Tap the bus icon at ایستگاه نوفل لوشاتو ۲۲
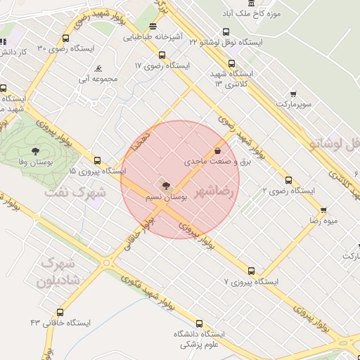pyautogui.click(x=226, y=32)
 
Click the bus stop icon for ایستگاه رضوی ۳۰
pyautogui.click(x=65, y=39)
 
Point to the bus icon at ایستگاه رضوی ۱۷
pyautogui.click(x=162, y=55)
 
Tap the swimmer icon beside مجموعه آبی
pyautogui.click(x=98, y=69)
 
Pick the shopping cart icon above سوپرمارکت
pyautogui.click(x=293, y=94)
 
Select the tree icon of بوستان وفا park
pyautogui.click(x=34, y=151)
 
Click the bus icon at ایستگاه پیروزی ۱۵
pyautogui.click(x=97, y=160)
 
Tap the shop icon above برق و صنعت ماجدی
pyautogui.click(x=217, y=150)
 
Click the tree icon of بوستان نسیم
pyautogui.click(x=165, y=186)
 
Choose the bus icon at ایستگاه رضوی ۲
pyautogui.click(x=288, y=180)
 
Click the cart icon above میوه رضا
pyautogui.click(x=323, y=210)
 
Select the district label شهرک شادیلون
pyautogui.click(x=62, y=271)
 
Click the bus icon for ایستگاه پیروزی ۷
pyautogui.click(x=251, y=271)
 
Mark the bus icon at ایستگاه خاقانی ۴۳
pyautogui.click(x=60, y=311)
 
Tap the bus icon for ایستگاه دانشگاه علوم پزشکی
pyautogui.click(x=200, y=323)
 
